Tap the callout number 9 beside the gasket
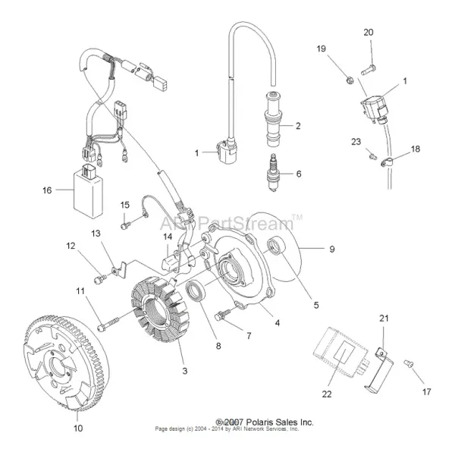pos(331,248)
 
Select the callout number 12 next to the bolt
pos(70,246)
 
